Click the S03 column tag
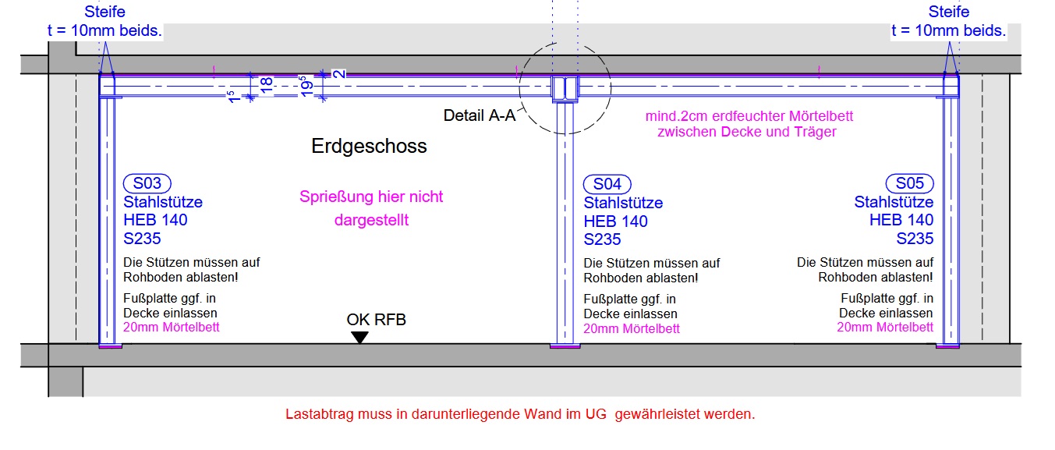point(147,183)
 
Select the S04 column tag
point(607,184)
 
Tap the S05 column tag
point(909,183)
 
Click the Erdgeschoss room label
point(369,146)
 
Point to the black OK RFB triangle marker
point(359,337)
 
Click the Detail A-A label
point(479,115)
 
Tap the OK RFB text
point(376,320)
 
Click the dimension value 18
point(265,85)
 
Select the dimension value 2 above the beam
point(338,73)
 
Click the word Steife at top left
point(105,12)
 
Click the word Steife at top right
point(949,12)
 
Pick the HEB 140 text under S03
point(155,220)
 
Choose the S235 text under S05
point(915,239)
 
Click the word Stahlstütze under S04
point(623,203)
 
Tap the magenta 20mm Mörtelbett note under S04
point(631,328)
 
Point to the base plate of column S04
point(565,346)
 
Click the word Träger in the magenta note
point(814,132)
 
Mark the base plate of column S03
point(110,346)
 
